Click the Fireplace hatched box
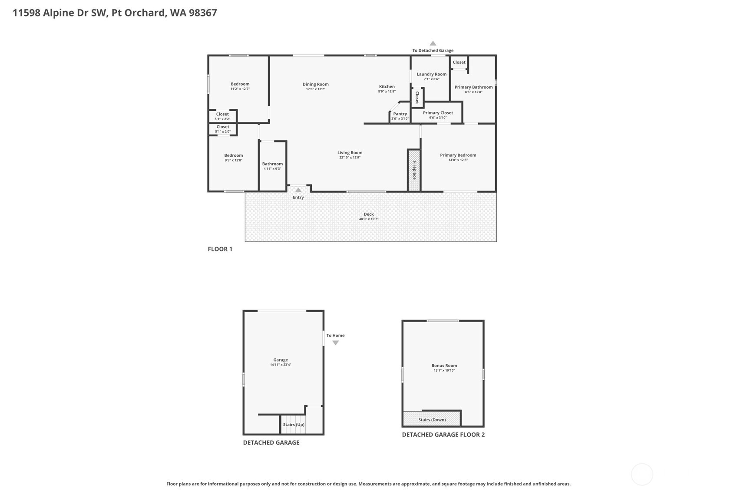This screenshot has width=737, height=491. [x=414, y=170]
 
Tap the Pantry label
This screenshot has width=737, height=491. [x=400, y=114]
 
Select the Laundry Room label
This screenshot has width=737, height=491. [x=431, y=74]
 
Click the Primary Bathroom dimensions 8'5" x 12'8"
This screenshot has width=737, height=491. [x=473, y=92]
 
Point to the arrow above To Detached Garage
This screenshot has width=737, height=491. [x=433, y=43]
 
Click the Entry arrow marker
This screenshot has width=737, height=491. [x=298, y=190]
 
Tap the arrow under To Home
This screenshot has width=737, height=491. [x=335, y=343]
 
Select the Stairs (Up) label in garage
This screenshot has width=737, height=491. [x=294, y=425]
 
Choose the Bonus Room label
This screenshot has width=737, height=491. [x=444, y=366]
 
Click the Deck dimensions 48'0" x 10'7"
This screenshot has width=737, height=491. [x=368, y=219]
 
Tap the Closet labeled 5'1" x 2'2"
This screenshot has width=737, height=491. [x=222, y=116]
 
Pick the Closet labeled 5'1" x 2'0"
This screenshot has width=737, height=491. [x=223, y=129]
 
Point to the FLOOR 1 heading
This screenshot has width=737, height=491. [x=220, y=249]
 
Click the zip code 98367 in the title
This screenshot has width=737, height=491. [x=203, y=13]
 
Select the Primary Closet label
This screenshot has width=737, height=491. [x=438, y=113]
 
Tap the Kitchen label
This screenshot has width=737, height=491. [x=387, y=86]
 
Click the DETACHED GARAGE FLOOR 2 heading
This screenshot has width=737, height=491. [x=443, y=435]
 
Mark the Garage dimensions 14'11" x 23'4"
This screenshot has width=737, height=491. [x=281, y=365]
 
